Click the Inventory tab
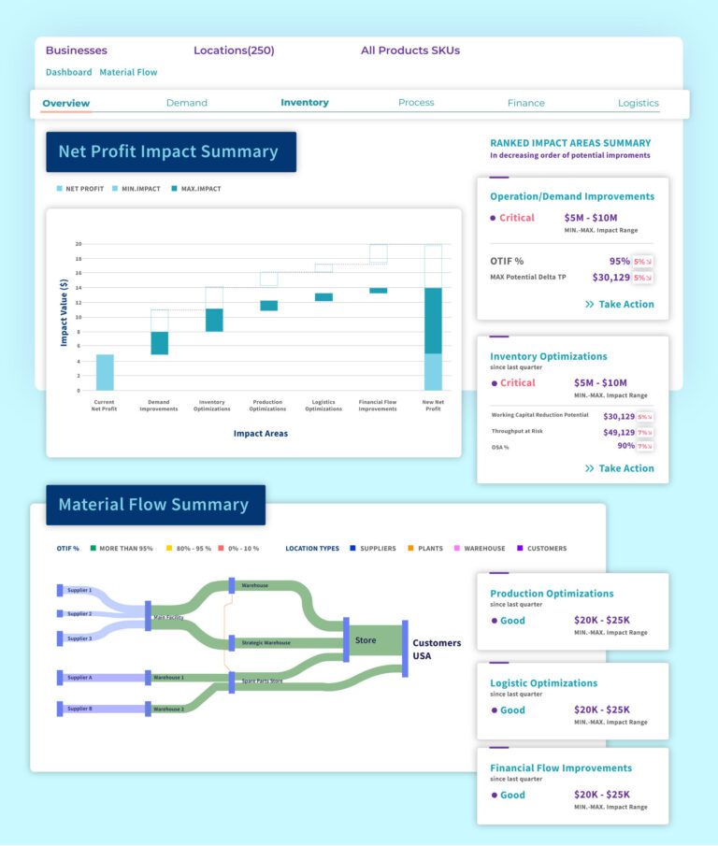point(305,103)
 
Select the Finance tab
point(525,103)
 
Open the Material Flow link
point(128,72)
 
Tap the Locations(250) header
point(234,50)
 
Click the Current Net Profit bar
point(105,372)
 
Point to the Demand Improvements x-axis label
point(158,406)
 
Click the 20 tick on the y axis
point(79,244)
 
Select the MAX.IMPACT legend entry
point(201,189)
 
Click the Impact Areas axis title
point(261,434)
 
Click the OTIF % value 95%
point(619,262)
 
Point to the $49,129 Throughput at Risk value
point(618,433)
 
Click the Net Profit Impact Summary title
point(168,151)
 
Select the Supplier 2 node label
point(79,614)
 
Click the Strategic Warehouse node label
point(266,643)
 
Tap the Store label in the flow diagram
point(365,640)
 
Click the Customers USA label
point(437,649)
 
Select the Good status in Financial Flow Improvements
point(512,795)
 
